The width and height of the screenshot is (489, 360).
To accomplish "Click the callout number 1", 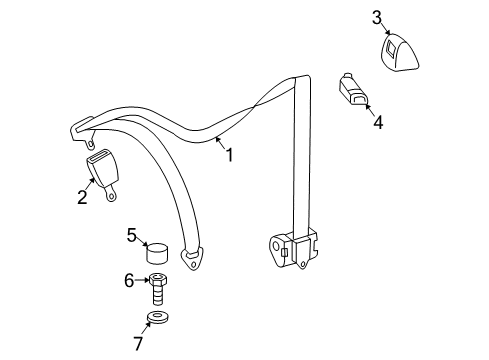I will click(x=229, y=156).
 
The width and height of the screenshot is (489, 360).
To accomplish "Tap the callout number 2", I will click(x=82, y=197).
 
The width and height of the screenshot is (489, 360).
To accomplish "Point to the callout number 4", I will click(x=377, y=124).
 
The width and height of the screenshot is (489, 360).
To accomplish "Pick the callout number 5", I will click(x=131, y=236).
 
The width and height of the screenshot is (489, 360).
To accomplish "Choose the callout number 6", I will click(x=129, y=281).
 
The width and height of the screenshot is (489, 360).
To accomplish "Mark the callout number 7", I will click(x=139, y=343).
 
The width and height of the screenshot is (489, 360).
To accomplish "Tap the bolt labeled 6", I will click(x=158, y=289).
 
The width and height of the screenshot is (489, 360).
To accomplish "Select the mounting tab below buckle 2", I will click(x=113, y=195).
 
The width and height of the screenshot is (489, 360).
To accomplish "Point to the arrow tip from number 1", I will click(x=212, y=140).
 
